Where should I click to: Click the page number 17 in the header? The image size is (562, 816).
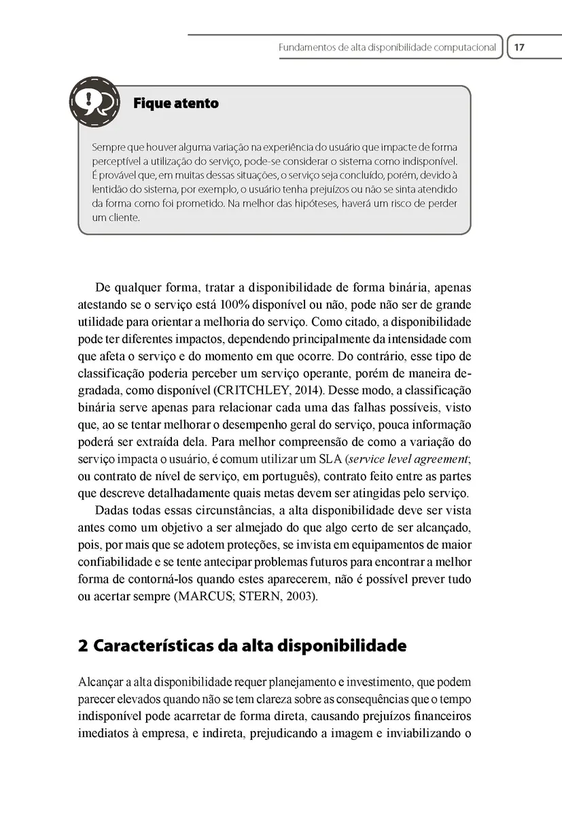click(519, 48)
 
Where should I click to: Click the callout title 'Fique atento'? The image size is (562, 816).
click(176, 103)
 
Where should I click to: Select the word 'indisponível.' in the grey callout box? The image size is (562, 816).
click(425, 161)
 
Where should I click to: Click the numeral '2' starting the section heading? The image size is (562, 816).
click(84, 646)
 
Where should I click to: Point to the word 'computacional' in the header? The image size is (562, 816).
click(461, 48)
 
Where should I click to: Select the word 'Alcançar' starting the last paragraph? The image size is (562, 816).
click(99, 681)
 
